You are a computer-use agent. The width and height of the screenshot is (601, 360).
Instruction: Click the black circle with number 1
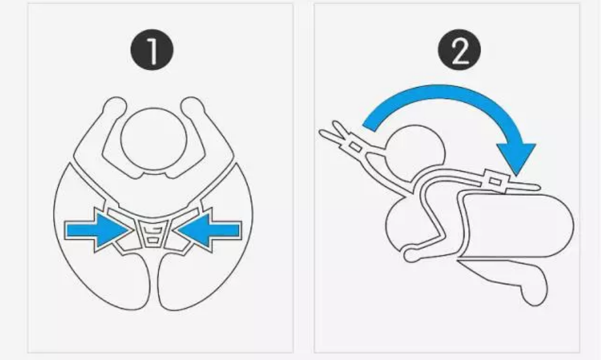[x=152, y=50]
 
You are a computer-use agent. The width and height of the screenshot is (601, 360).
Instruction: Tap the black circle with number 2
[x=459, y=50]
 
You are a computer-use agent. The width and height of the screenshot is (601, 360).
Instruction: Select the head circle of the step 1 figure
[x=153, y=139]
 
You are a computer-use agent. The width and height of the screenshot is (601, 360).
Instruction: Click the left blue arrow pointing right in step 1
[x=98, y=230]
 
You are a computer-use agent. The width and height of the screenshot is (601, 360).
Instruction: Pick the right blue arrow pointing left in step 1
[x=209, y=230]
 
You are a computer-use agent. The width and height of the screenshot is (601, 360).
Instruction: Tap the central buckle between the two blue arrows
[x=153, y=234]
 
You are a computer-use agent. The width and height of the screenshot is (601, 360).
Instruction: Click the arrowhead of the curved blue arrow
[x=516, y=158]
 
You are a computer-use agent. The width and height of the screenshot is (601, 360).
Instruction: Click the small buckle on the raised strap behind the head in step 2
[x=355, y=147]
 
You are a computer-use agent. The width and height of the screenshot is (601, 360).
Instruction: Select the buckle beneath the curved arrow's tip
[x=495, y=181]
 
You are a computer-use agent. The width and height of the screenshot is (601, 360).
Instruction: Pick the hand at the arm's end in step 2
[x=410, y=255]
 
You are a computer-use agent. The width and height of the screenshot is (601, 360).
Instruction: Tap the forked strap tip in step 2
[x=331, y=131]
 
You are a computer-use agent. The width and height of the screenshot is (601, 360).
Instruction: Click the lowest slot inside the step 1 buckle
[x=153, y=241]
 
